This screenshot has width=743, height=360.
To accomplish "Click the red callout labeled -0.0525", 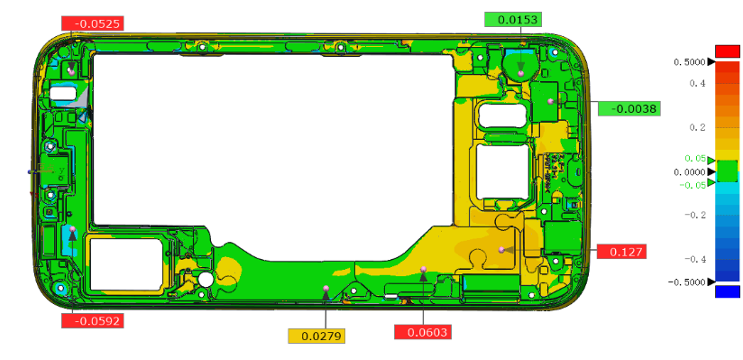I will click(91, 23).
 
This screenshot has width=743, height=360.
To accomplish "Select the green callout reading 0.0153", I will click(511, 20).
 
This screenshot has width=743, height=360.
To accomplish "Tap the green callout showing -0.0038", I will click(628, 108).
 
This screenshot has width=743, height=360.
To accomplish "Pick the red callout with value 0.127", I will click(620, 252).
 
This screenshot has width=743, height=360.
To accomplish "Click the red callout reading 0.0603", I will click(422, 332).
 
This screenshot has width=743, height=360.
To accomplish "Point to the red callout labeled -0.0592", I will click(91, 319).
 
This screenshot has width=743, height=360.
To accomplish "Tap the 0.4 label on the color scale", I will click(696, 83).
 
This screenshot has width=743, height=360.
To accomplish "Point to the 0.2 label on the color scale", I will click(696, 127).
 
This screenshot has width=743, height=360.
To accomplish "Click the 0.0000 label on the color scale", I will click(689, 171).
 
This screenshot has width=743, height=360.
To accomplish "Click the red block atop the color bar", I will click(727, 51).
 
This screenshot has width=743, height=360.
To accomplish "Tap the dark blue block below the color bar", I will click(727, 291).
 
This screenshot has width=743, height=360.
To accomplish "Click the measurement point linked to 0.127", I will click(501, 249).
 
